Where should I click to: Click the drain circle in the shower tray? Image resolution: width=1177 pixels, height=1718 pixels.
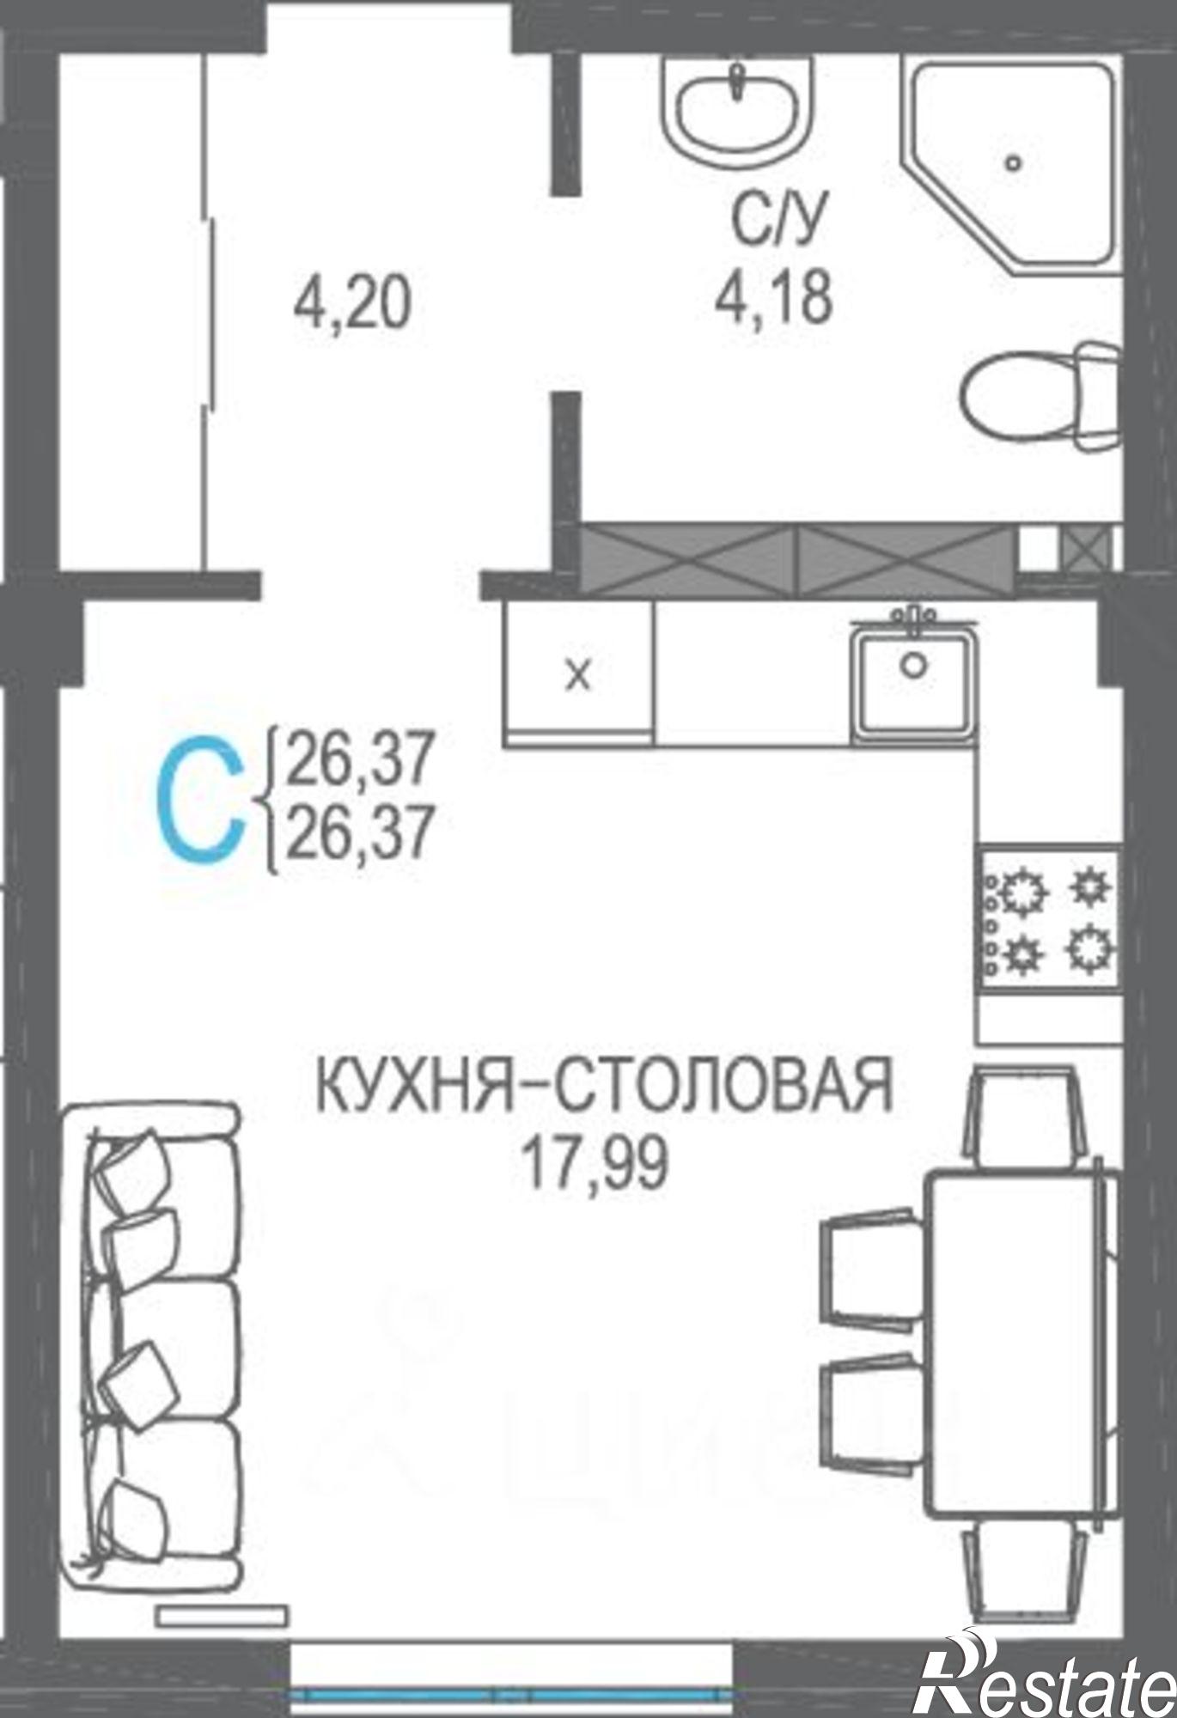tap(1015, 161)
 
